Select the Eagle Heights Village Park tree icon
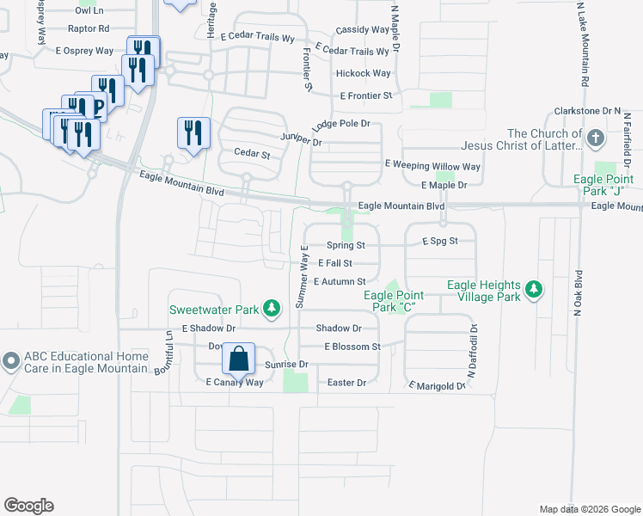click(534, 289)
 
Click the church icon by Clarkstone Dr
click(595, 138)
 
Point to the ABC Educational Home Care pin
click(11, 362)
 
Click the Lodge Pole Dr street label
click(341, 124)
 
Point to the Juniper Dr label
click(300, 139)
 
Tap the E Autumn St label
click(340, 281)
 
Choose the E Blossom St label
click(352, 347)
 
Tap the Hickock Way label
click(364, 74)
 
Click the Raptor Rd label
click(89, 28)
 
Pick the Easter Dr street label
click(347, 382)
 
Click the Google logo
click(28, 506)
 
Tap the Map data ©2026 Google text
click(589, 509)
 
